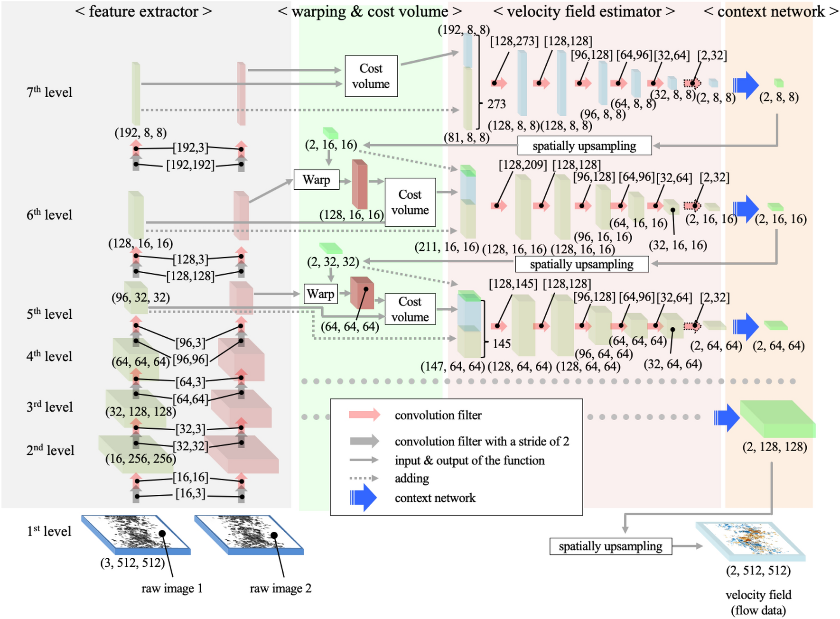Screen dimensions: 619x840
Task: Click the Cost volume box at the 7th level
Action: tap(371, 76)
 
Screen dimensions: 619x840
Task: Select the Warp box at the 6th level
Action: tap(316, 180)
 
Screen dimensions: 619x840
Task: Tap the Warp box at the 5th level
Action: tap(320, 294)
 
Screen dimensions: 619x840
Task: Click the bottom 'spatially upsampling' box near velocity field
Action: tap(610, 546)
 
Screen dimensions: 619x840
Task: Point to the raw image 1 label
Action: tap(172, 589)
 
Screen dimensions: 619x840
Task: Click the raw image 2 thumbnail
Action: tap(249, 535)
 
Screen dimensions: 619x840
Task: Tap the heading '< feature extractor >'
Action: tap(143, 11)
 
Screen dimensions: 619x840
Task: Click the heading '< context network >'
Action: tap(771, 11)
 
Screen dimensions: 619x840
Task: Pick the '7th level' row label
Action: tap(49, 92)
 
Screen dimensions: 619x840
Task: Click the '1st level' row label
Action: tap(49, 531)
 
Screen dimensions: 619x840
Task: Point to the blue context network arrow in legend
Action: tap(364, 498)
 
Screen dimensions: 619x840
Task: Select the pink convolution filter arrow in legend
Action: tap(364, 415)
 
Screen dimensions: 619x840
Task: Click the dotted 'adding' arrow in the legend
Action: tap(364, 478)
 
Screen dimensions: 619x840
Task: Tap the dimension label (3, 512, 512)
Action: tap(132, 563)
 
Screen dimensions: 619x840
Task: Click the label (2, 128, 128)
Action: tap(775, 447)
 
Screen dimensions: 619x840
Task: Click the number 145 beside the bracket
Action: tap(501, 343)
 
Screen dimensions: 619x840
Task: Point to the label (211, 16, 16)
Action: tap(447, 247)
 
